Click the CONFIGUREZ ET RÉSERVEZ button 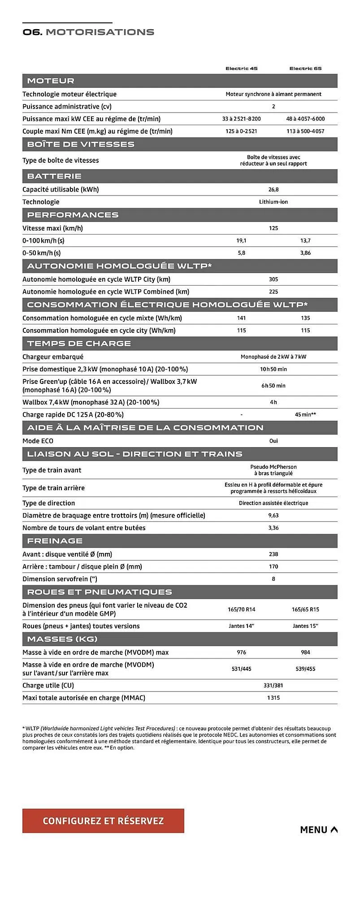click(103, 821)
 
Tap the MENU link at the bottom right click(319, 830)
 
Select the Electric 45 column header click(241, 69)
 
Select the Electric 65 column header click(305, 69)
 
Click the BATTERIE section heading click(54, 176)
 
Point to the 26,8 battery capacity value click(273, 190)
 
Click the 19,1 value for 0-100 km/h click(241, 241)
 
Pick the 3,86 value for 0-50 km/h click(305, 253)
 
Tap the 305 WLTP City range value click(273, 279)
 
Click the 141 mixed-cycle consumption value click(241, 318)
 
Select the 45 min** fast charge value click(305, 415)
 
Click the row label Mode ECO click(38, 441)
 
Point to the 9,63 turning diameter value click(273, 516)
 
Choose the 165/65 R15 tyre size click(305, 610)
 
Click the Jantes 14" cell click(241, 626)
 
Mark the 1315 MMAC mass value click(273, 698)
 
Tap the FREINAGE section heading click(55, 541)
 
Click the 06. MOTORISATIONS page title click(88, 32)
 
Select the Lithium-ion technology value click(273, 202)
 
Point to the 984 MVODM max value click(305, 653)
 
